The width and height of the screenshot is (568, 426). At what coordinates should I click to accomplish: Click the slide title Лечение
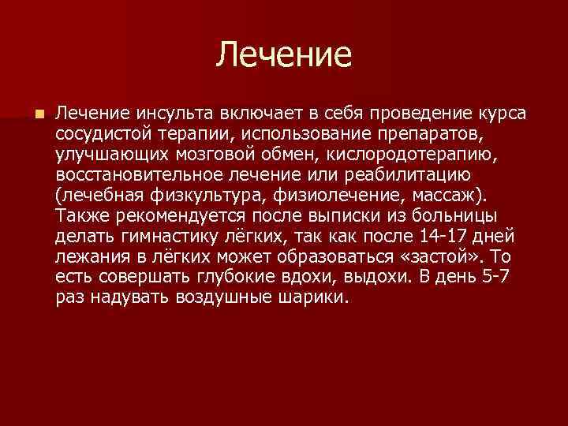coord(284,54)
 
